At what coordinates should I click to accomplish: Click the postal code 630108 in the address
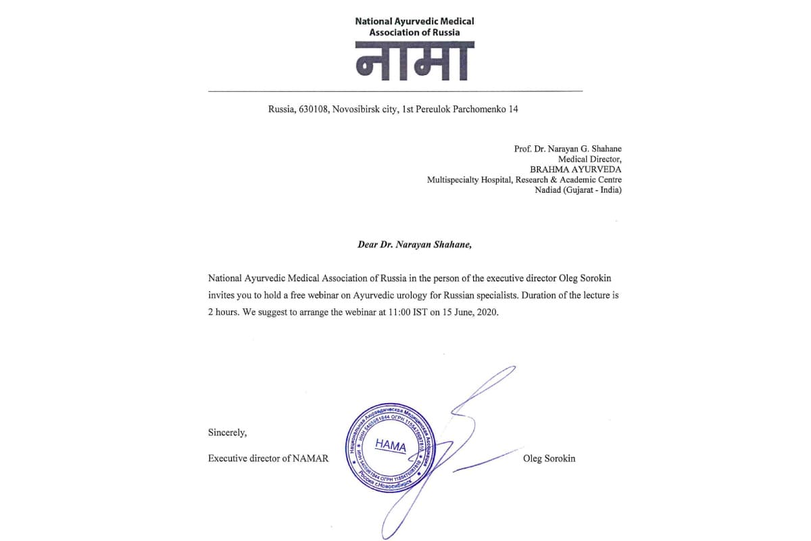312,109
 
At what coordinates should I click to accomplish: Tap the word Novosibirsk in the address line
354,109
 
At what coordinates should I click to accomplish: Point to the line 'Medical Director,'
589,159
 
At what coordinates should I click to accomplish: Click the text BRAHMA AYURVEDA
576,169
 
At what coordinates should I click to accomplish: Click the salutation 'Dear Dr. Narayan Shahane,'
414,245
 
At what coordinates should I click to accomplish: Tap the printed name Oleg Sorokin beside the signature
549,458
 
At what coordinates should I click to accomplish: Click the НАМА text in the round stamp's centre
390,446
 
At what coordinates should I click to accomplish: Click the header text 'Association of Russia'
414,32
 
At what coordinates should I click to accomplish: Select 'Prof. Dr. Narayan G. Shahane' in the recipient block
568,149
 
